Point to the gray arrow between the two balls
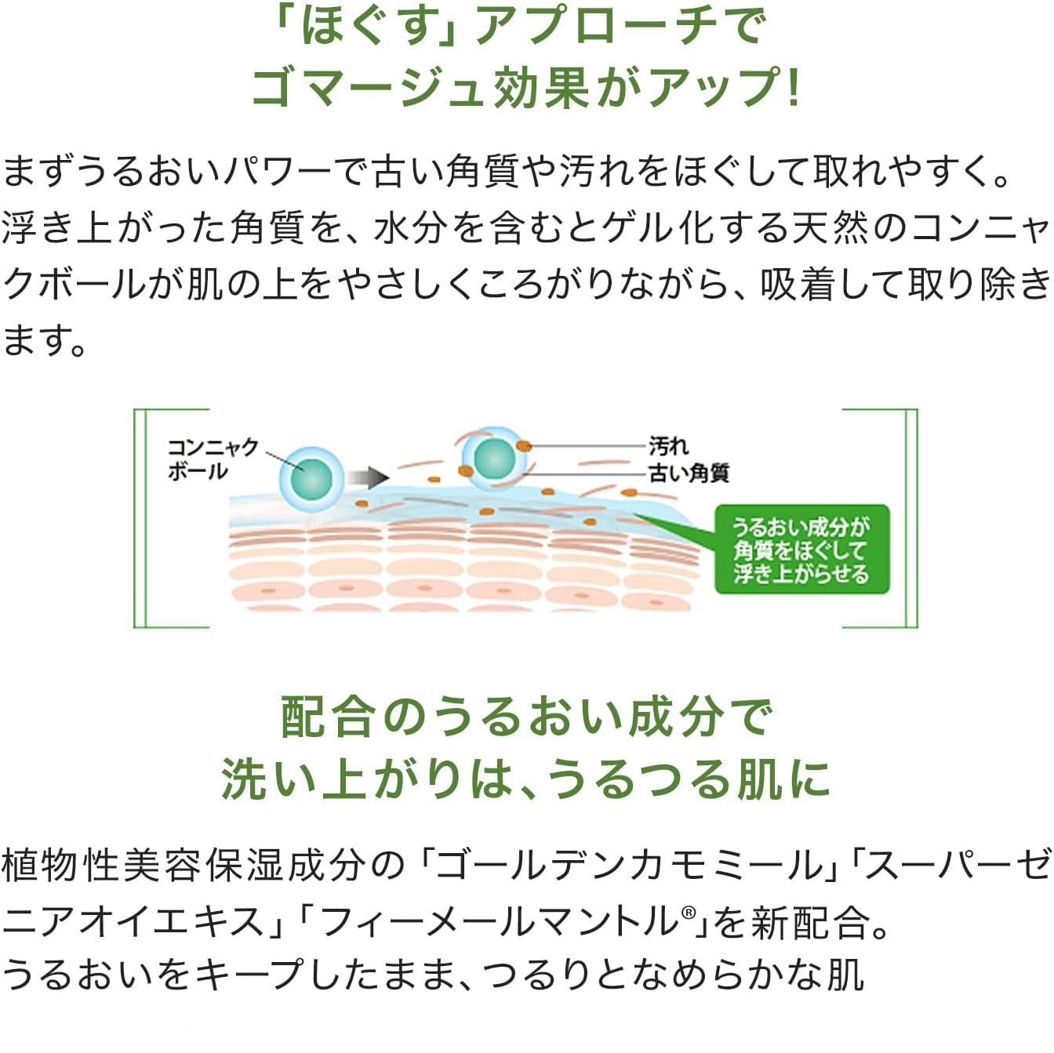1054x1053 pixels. (368, 477)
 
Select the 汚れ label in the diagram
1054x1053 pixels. (668, 446)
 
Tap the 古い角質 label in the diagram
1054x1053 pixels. (689, 473)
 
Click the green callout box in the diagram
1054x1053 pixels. (801, 549)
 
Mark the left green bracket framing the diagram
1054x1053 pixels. (140, 517)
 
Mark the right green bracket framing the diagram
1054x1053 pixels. (911, 517)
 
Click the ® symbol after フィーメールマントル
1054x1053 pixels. (689, 913)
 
